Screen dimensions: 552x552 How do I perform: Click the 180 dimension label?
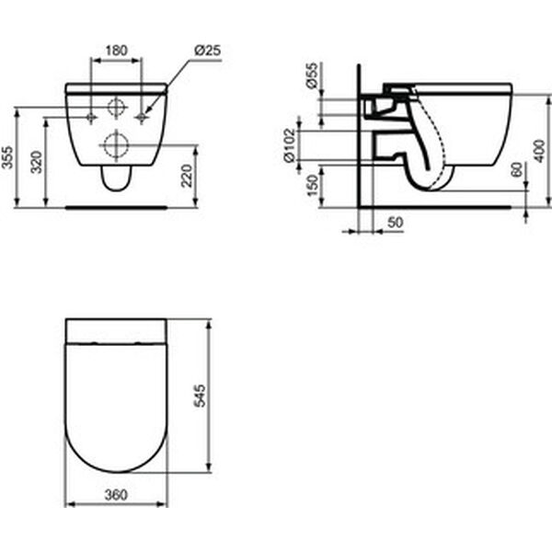117,51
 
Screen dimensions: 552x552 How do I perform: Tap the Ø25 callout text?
208,51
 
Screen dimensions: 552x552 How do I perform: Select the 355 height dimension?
7,157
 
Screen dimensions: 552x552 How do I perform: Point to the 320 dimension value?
36,162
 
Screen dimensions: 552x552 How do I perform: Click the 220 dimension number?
187,176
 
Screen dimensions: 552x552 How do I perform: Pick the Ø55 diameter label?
312,75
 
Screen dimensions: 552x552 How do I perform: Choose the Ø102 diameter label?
290,145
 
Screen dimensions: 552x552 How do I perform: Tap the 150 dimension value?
312,186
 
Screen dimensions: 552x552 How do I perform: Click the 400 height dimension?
539,151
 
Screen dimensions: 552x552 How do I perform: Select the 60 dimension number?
517,169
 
